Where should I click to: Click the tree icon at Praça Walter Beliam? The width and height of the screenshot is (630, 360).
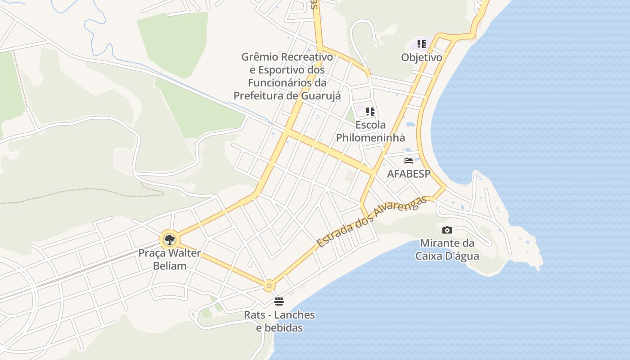tap(169, 240)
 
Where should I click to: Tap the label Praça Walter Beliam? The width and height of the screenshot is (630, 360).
tap(170, 259)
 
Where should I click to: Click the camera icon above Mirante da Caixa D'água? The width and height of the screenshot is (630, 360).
tap(447, 230)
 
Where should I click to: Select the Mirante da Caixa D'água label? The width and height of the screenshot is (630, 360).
tap(447, 250)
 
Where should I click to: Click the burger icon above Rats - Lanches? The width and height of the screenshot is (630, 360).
tap(279, 301)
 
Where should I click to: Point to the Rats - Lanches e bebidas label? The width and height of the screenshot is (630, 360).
tap(279, 321)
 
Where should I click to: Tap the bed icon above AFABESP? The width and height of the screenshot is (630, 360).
tap(409, 161)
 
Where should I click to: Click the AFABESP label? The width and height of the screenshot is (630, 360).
tap(409, 174)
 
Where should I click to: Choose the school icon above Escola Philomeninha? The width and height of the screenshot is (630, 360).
tap(370, 112)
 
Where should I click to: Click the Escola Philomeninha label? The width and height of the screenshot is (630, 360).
tap(370, 131)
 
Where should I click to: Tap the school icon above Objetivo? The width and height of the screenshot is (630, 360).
tap(422, 44)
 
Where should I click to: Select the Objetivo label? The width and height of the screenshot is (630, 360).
tap(422, 58)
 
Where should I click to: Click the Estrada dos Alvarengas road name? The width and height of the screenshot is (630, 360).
tap(371, 221)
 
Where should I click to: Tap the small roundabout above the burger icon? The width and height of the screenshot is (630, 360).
tap(269, 285)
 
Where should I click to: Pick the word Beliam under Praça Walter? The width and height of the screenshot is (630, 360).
tap(170, 265)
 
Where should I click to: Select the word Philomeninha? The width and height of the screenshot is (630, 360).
tap(370, 137)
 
